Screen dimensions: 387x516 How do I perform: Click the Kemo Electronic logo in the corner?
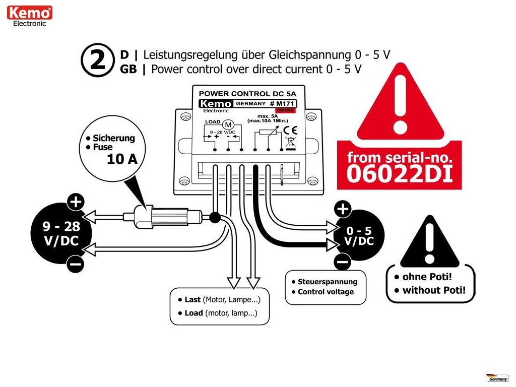[30, 16]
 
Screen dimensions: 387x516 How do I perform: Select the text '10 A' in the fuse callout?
[122, 160]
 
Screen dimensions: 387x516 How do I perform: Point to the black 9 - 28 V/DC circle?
[61, 233]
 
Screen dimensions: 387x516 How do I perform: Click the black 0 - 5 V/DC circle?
[359, 235]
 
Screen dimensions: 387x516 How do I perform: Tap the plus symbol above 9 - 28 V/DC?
[76, 203]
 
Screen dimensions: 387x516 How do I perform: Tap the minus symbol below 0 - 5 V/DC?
[343, 262]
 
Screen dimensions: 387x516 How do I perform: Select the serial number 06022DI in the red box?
[399, 173]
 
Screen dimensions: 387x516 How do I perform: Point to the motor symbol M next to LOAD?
[228, 124]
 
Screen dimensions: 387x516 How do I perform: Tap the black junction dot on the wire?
[214, 218]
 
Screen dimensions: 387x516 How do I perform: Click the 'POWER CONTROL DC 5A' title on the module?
[248, 93]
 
